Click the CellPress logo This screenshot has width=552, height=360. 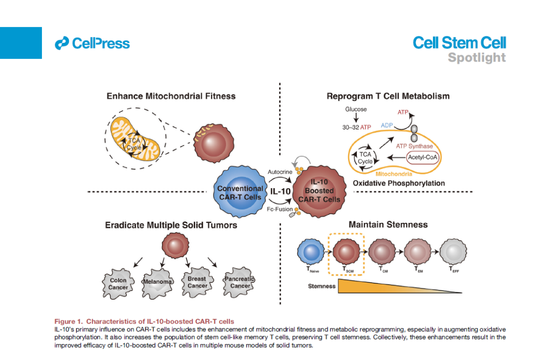(93, 43)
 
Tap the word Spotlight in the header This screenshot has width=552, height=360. (476, 57)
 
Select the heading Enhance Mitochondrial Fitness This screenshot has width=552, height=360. (171, 96)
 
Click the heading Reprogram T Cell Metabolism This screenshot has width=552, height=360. (388, 96)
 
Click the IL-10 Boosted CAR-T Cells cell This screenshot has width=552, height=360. (317, 191)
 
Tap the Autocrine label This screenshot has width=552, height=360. (280, 172)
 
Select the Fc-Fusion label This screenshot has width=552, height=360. (280, 210)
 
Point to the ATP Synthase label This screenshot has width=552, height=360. (414, 146)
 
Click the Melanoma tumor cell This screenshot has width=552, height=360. (157, 281)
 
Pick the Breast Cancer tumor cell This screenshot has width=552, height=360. (197, 282)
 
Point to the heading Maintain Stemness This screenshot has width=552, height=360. (388, 224)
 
